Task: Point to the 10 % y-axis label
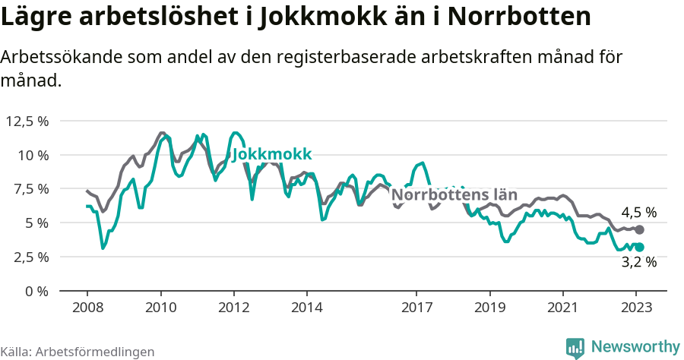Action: (33, 155)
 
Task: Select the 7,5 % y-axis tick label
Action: (30, 188)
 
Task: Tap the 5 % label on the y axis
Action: (36, 223)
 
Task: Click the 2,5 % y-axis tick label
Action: (30, 257)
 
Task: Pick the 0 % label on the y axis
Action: (36, 291)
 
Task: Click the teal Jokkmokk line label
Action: (272, 155)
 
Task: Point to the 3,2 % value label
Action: (638, 263)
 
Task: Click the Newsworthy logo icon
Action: (575, 347)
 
